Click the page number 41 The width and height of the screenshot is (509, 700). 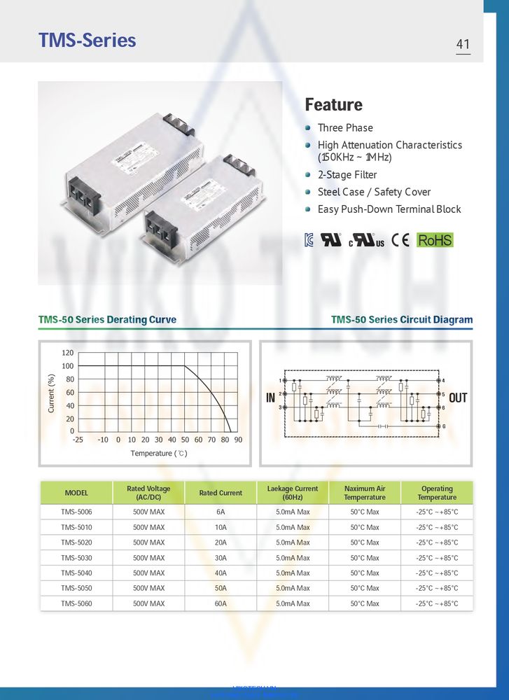point(463,44)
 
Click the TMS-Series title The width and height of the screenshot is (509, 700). point(88,41)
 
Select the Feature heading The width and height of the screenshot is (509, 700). point(333,105)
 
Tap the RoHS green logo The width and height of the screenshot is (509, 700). point(435,240)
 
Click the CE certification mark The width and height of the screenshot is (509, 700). point(400,240)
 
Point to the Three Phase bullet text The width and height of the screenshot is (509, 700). point(345,128)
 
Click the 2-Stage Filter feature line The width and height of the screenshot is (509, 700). point(347,175)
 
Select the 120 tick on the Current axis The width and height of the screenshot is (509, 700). point(67,353)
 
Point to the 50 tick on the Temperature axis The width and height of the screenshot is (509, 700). point(185,440)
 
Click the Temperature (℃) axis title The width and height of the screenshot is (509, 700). point(159,454)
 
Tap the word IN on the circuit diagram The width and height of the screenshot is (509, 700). point(271,398)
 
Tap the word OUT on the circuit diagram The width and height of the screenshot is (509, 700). point(458,398)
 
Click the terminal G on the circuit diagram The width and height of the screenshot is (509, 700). point(443,426)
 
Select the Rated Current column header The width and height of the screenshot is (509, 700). point(221,493)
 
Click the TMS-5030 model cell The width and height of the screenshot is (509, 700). point(76,558)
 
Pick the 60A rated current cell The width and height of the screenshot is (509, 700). point(221,603)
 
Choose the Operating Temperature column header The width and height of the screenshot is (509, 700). point(437,493)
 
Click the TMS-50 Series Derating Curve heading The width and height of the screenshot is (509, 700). point(107,320)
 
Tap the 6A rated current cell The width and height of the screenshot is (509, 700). point(221,512)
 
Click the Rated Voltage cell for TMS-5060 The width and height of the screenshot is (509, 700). point(148,603)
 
